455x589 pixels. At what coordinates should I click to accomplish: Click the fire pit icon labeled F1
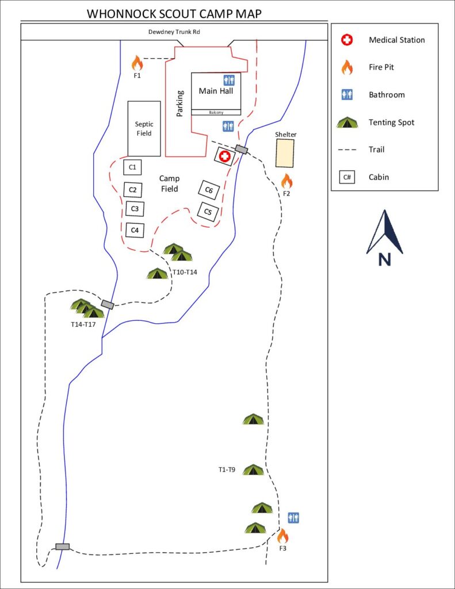pos(136,63)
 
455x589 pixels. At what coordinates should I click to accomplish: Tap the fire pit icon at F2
pos(286,181)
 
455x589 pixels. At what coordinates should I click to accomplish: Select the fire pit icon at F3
pos(282,536)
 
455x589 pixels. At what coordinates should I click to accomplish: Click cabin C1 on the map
pos(132,167)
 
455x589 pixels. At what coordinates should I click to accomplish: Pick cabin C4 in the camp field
pos(135,230)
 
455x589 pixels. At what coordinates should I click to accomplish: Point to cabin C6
pos(209,190)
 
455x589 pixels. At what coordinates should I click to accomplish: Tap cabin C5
pos(208,212)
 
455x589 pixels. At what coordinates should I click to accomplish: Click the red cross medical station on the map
pos(224,156)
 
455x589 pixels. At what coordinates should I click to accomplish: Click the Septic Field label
pos(144,128)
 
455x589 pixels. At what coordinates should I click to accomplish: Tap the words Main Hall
pos(216,91)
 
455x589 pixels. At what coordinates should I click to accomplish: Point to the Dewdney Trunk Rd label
pos(174,32)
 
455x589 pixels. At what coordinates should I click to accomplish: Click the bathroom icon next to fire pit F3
pos(294,518)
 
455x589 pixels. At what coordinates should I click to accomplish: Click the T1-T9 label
pos(227,470)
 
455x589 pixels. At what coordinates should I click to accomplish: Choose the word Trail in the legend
pos(376,150)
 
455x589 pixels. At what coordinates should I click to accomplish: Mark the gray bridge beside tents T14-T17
pos(108,304)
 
